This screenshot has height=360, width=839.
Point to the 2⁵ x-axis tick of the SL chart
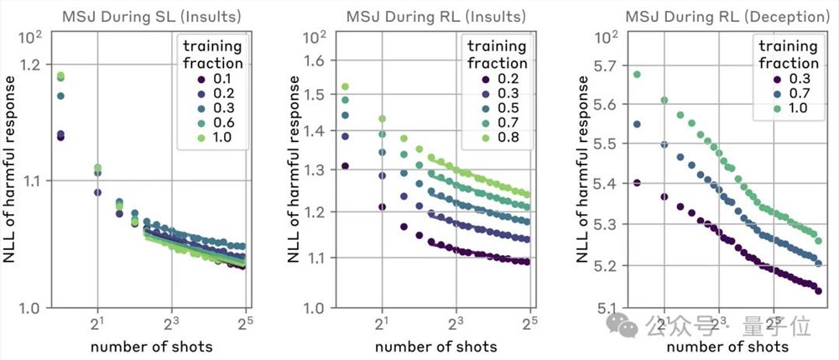pyautogui.click(x=245, y=323)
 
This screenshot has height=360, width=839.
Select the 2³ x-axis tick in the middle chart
pyautogui.click(x=456, y=323)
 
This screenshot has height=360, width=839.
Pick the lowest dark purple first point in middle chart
pyautogui.click(x=345, y=166)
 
